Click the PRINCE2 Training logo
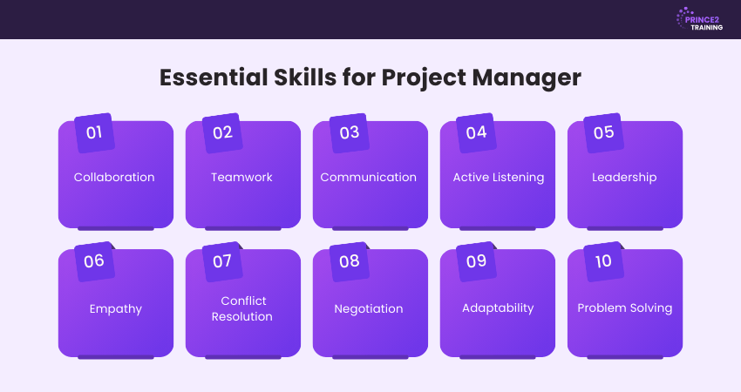pyautogui.click(x=699, y=20)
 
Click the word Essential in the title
pyautogui.click(x=214, y=78)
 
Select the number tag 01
pyautogui.click(x=94, y=132)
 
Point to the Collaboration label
pyautogui.click(x=114, y=177)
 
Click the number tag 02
pyautogui.click(x=222, y=132)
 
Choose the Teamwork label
pyautogui.click(x=241, y=177)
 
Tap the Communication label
pyautogui.click(x=369, y=177)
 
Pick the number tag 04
pyautogui.click(x=476, y=132)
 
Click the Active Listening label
pyautogui.click(x=499, y=178)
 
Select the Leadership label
pyautogui.click(x=624, y=178)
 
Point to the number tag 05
pyautogui.click(x=603, y=132)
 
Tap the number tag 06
pyautogui.click(x=94, y=261)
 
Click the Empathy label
pyautogui.click(x=116, y=309)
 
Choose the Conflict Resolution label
pyautogui.click(x=242, y=308)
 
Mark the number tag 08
pyautogui.click(x=350, y=261)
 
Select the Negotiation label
pyautogui.click(x=369, y=309)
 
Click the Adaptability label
pyautogui.click(x=498, y=308)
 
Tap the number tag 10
pyautogui.click(x=603, y=261)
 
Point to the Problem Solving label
pyautogui.click(x=625, y=308)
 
